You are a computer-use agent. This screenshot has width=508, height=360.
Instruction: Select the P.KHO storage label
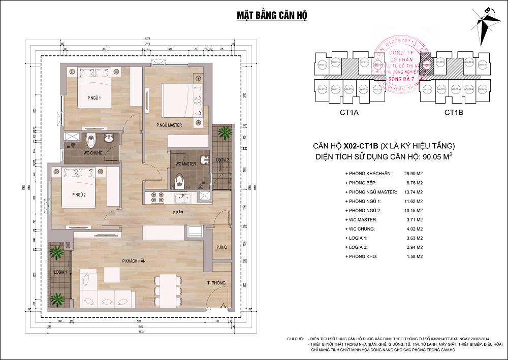tap(220, 247)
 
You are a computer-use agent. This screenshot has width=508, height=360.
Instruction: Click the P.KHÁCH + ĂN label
tap(134, 260)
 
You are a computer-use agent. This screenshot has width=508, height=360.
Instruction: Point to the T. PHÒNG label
tap(216, 282)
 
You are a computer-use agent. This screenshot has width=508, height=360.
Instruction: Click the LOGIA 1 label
tap(60, 273)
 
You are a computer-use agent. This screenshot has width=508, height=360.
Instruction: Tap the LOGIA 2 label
tap(223, 159)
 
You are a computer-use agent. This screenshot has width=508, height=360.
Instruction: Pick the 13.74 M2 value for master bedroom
tap(413, 193)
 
